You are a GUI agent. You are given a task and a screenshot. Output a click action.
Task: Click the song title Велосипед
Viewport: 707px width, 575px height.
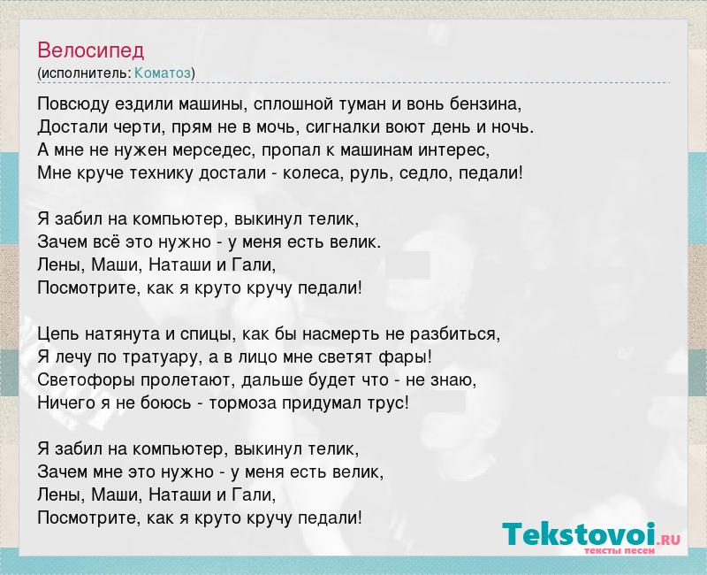tap(91, 50)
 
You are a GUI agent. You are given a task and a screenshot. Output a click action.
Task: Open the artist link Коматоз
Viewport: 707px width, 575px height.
tap(163, 73)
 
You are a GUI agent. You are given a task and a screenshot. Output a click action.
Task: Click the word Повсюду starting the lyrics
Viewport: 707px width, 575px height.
tap(73, 104)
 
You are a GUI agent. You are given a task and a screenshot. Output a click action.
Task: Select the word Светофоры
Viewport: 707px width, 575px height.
tap(86, 380)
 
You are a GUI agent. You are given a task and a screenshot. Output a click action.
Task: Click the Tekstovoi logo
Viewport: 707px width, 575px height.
tap(590, 534)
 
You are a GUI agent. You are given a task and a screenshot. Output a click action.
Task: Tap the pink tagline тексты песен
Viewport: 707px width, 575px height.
tap(620, 550)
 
